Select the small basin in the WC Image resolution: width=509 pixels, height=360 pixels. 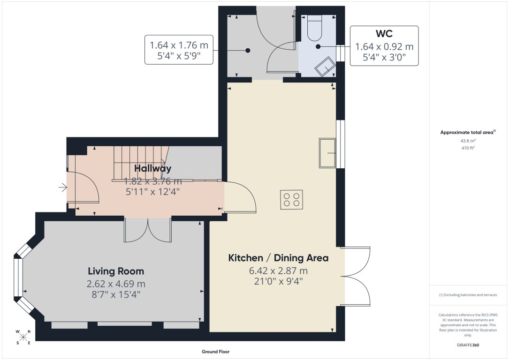click(325, 67)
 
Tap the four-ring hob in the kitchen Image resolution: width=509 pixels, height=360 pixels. click(291, 199)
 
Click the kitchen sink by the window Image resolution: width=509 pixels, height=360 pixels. click(327, 153)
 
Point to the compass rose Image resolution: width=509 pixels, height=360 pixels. click(23, 337)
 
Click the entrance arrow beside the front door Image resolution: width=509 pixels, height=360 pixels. click(62, 188)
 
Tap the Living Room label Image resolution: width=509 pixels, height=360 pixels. click(116, 271)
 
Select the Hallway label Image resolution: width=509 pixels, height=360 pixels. click(152, 168)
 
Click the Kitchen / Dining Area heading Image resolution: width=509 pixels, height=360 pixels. click(278, 258)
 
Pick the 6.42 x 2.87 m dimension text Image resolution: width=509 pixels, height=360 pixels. click(278, 270)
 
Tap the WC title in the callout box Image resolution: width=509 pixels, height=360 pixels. click(384, 34)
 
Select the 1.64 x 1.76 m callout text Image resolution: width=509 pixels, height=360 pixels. click(179, 45)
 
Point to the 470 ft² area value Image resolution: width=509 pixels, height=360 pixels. click(468, 148)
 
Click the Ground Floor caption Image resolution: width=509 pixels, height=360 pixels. click(215, 352)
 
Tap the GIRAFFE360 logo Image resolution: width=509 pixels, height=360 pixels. click(468, 345)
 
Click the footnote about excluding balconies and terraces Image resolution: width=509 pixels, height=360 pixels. click(468, 295)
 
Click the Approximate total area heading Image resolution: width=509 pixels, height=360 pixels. click(468, 133)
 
